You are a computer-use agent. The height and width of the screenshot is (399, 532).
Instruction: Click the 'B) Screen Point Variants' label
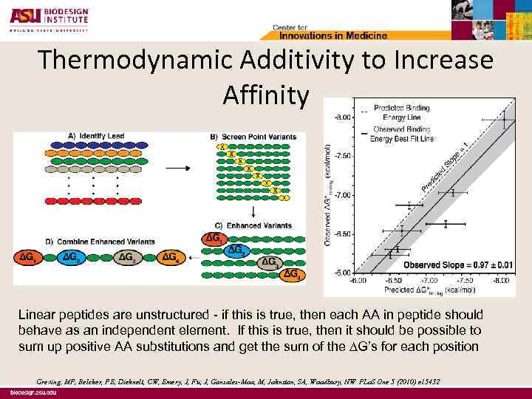253,136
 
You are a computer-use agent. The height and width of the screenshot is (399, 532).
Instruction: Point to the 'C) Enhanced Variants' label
253,225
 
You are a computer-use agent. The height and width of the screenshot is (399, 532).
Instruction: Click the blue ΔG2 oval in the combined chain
72,256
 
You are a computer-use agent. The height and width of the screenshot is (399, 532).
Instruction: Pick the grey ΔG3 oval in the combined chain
127,256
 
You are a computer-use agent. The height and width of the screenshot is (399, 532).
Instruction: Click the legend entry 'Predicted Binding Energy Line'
401,112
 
